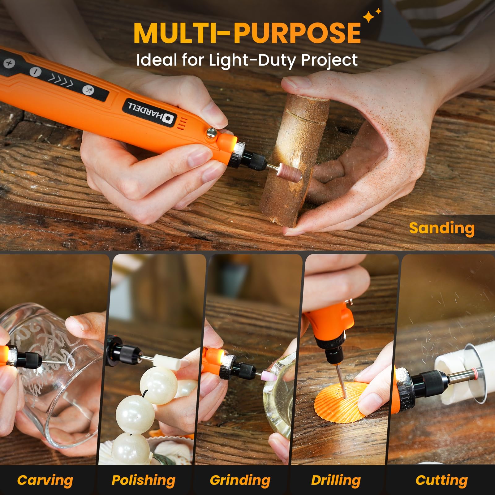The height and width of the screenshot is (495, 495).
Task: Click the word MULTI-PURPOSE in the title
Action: (x=247, y=33)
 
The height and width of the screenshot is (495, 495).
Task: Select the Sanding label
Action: (x=441, y=228)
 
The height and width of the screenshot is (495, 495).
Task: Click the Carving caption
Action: (x=45, y=480)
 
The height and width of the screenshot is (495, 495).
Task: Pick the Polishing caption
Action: (x=143, y=480)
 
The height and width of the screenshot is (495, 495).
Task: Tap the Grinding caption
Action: (x=240, y=480)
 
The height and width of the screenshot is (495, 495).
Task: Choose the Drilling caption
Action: (x=336, y=480)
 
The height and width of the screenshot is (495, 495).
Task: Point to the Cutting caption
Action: (x=441, y=480)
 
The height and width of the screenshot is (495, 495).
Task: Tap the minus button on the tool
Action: (x=35, y=72)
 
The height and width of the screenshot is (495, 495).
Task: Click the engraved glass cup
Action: (x=53, y=371)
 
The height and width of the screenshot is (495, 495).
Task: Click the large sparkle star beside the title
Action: (x=369, y=17)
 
